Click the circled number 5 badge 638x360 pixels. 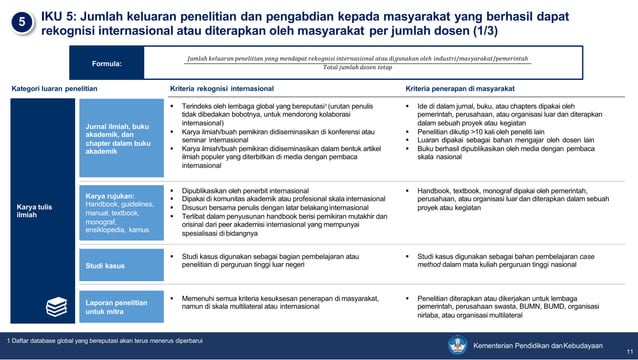(21, 22)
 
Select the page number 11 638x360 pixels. (627, 351)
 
